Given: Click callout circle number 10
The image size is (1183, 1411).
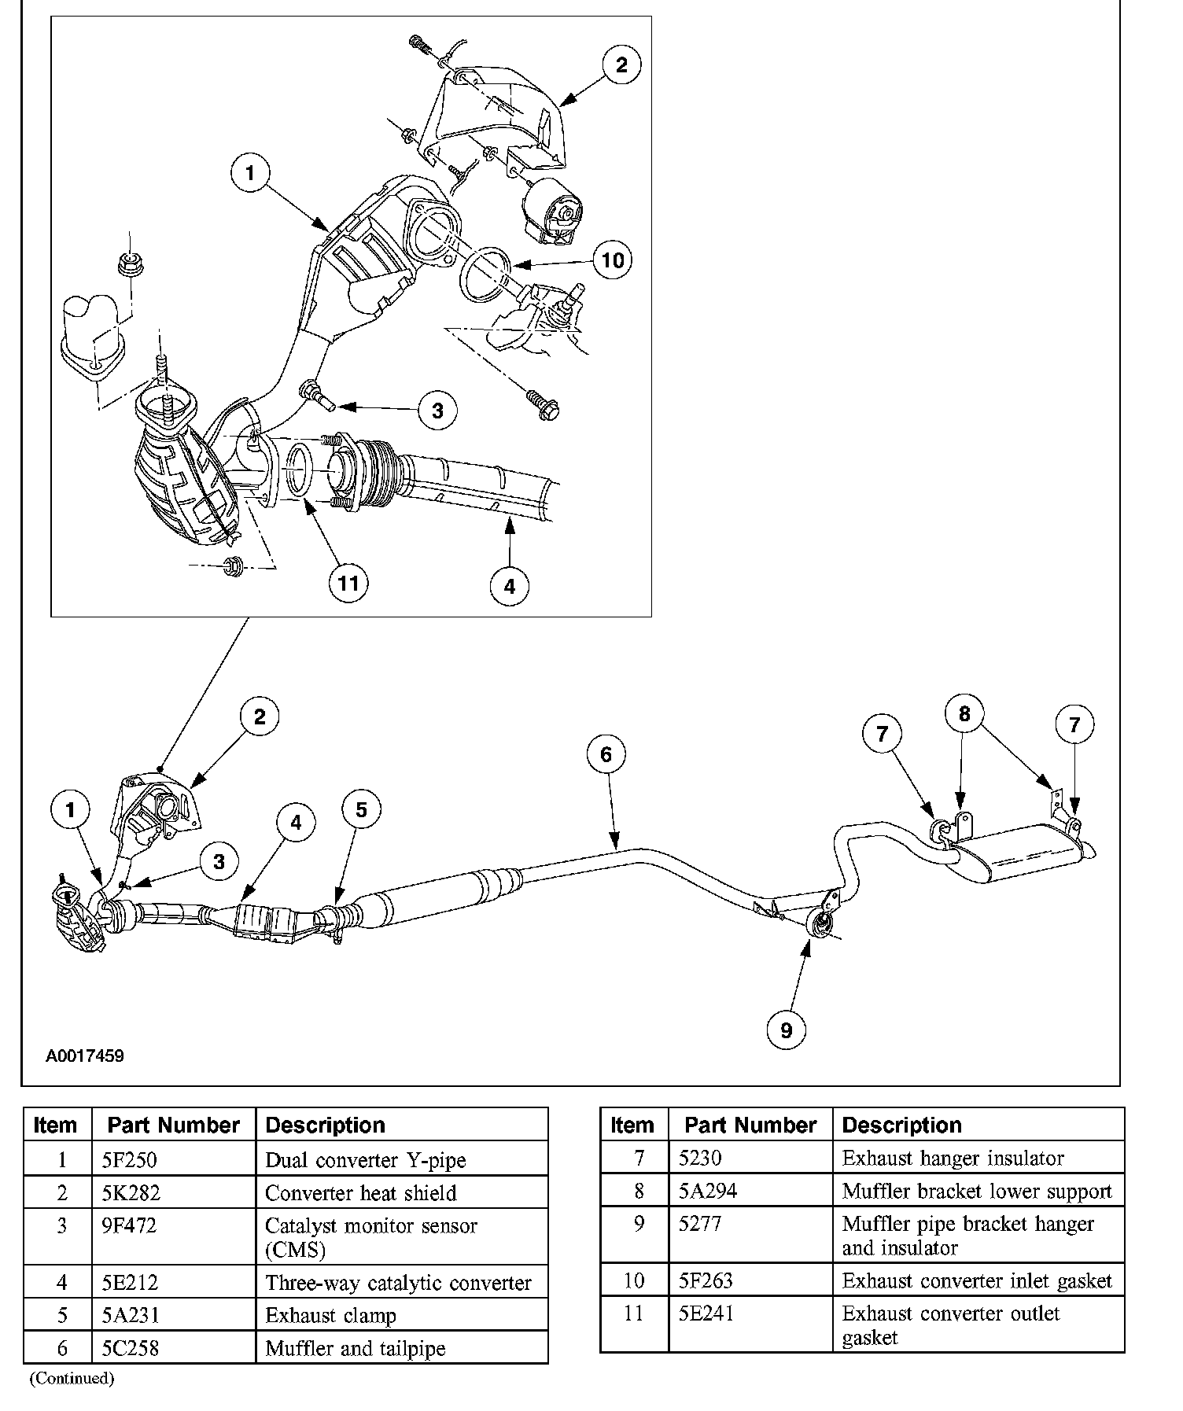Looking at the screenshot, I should point(612,260).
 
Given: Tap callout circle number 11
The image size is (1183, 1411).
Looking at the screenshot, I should point(348,583).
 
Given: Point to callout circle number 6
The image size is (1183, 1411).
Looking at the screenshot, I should point(606,754).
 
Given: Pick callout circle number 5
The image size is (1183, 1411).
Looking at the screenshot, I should point(361,809).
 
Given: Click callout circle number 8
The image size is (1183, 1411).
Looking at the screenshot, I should point(964,713).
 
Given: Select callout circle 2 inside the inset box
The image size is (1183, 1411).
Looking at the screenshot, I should point(621,64).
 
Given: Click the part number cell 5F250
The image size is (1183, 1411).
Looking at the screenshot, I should point(131,1160).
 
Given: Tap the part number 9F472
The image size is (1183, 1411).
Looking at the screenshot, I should point(130,1225).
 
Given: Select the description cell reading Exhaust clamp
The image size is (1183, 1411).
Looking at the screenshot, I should point(331,1315).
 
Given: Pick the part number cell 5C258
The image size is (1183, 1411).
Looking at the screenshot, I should point(131,1348).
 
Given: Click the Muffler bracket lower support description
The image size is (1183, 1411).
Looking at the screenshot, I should point(977,1191).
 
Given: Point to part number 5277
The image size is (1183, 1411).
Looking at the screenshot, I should point(700,1224).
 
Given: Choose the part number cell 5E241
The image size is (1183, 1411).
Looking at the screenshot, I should point(706,1313).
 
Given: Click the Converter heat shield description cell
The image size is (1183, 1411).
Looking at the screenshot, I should point(361,1193).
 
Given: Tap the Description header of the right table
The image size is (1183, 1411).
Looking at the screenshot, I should point(902,1125).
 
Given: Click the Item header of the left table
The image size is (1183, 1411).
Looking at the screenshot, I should point(56,1125).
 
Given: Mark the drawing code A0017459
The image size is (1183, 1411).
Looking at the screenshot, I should point(85,1055).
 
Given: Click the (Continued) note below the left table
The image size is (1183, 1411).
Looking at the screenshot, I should point(72,1379).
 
